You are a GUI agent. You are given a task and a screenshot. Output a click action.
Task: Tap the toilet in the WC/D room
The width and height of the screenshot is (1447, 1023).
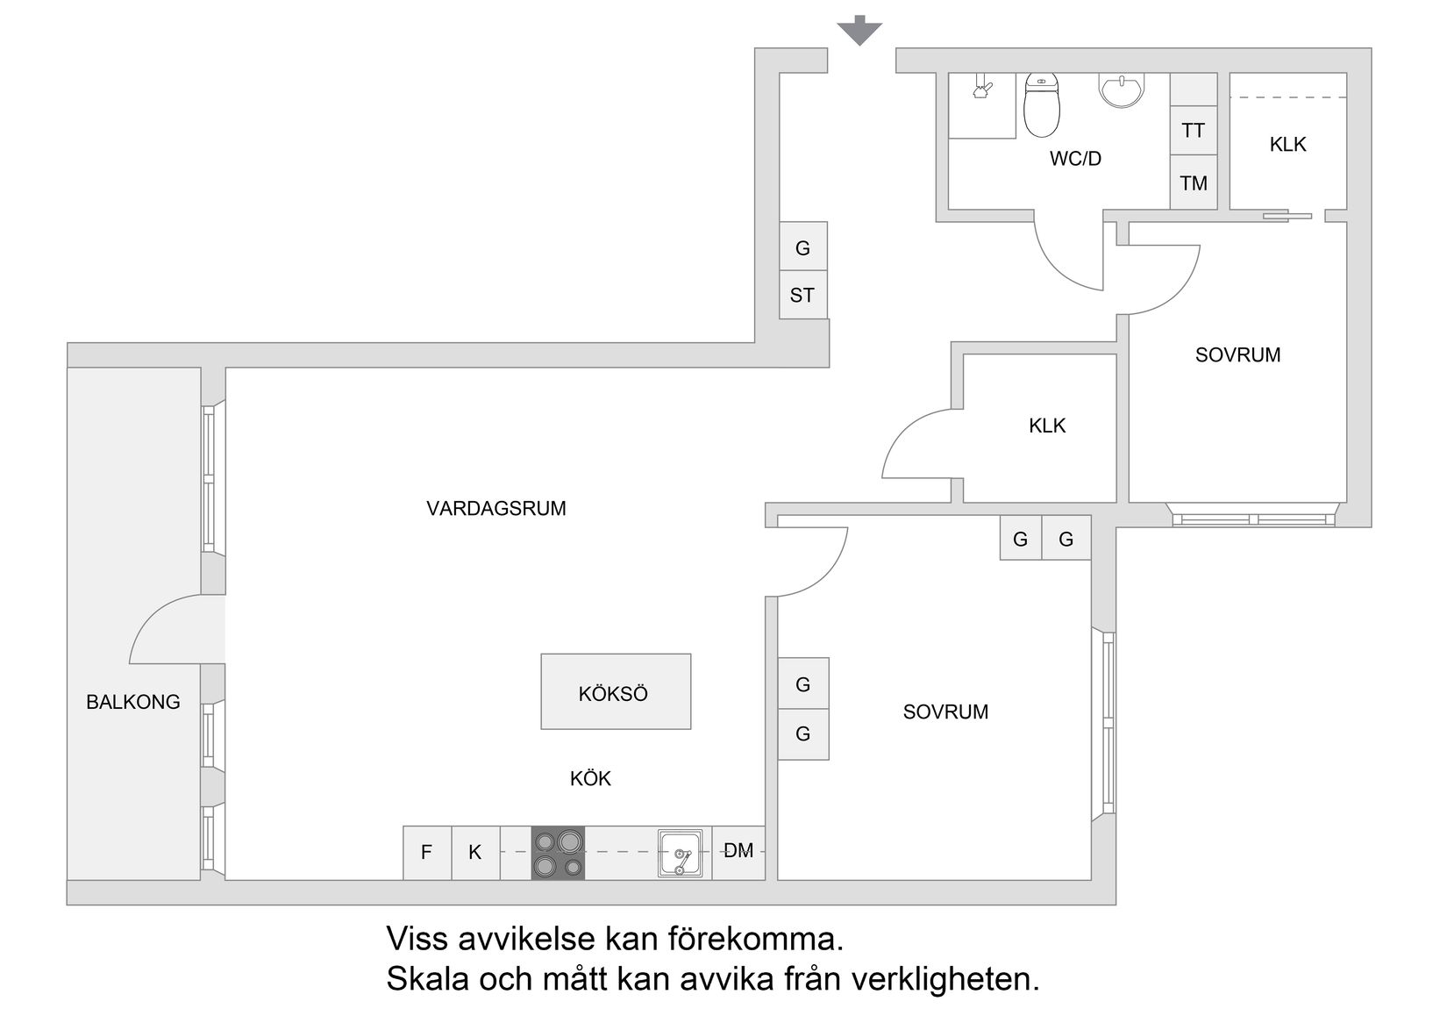point(1042,105)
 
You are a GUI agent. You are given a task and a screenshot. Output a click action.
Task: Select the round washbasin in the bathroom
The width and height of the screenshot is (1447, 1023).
point(1122,89)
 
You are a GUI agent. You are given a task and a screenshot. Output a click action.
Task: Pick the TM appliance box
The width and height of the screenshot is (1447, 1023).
point(1193,182)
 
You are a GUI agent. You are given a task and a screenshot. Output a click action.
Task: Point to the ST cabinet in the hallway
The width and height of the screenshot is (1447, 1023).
point(802,296)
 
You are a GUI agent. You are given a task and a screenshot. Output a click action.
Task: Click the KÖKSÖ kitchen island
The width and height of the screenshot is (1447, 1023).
point(615,692)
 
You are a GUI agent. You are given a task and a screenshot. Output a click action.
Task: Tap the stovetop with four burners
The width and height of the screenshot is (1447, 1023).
point(559,853)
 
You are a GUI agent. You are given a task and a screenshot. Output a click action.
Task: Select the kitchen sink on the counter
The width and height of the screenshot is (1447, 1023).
point(681,854)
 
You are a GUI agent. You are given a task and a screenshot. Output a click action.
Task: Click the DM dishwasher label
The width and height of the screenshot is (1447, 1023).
point(738,850)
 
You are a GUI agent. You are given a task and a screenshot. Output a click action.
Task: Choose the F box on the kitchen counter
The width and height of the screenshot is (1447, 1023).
point(427,852)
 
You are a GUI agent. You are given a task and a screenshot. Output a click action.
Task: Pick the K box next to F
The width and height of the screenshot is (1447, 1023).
point(475,852)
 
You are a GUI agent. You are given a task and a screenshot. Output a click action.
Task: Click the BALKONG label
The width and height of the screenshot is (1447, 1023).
point(133,702)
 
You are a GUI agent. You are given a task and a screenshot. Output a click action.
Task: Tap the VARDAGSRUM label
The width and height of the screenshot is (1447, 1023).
point(496,509)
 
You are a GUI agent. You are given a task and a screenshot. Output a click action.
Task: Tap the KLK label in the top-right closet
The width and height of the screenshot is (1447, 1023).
point(1287,145)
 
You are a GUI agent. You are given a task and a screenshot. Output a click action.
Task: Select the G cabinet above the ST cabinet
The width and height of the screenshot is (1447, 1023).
point(802,248)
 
